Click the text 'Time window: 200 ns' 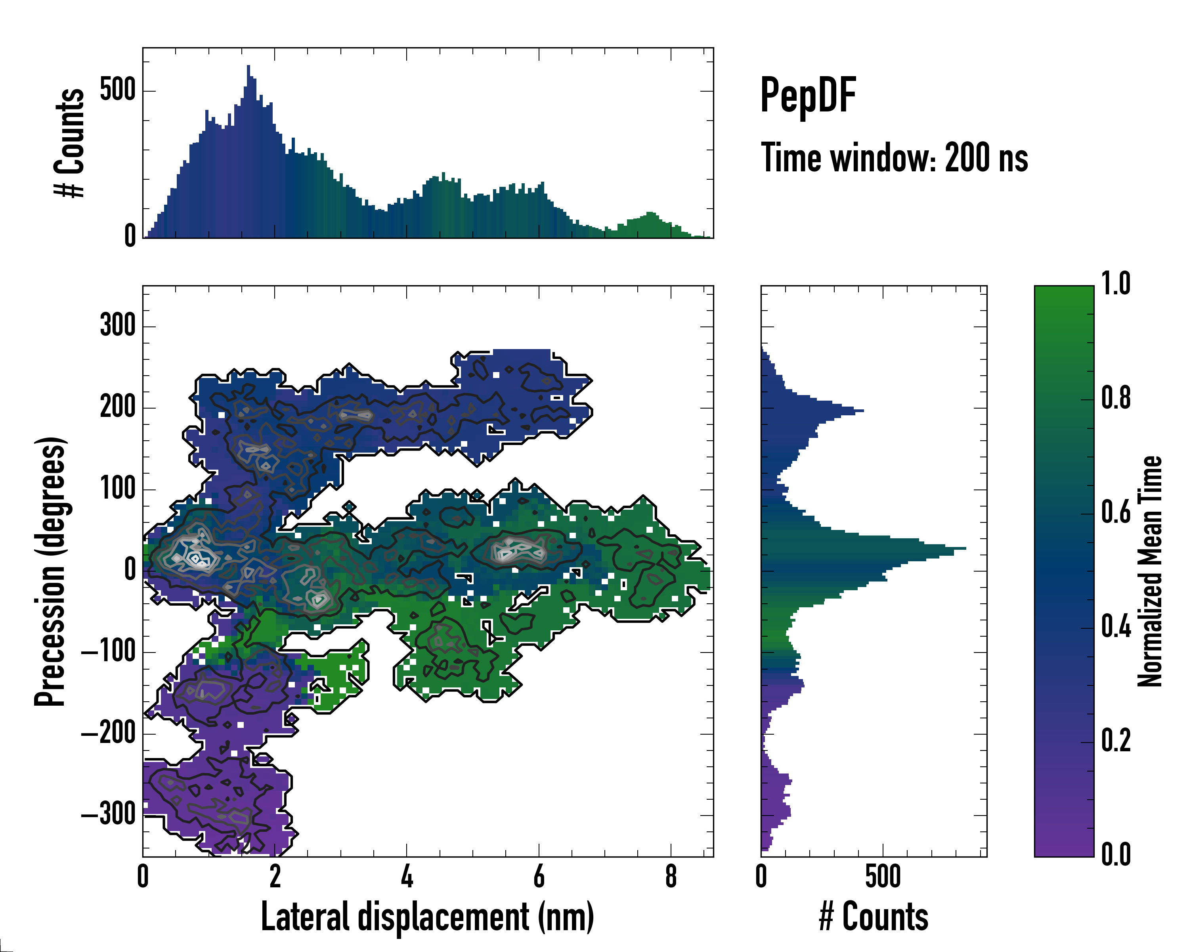[x=894, y=158]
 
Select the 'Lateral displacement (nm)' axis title [x=427, y=917]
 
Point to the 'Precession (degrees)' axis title [x=50, y=571]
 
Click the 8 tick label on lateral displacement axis [x=671, y=876]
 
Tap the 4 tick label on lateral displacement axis [x=407, y=876]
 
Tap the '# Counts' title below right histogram [x=874, y=917]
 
